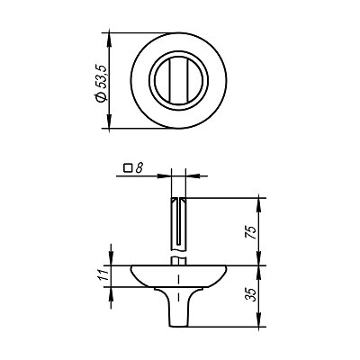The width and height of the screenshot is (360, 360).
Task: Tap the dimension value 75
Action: [x=251, y=230]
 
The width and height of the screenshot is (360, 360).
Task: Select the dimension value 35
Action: [x=251, y=294]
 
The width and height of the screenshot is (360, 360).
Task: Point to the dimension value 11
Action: [x=103, y=274]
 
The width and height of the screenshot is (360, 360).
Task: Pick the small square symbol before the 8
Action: [x=129, y=167]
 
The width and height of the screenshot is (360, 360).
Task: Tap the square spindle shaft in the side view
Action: [x=180, y=220]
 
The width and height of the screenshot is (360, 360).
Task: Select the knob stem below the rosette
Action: [x=180, y=301]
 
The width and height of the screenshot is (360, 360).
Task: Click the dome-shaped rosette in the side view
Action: [x=180, y=274]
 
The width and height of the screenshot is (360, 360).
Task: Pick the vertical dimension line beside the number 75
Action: [x=260, y=230]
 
